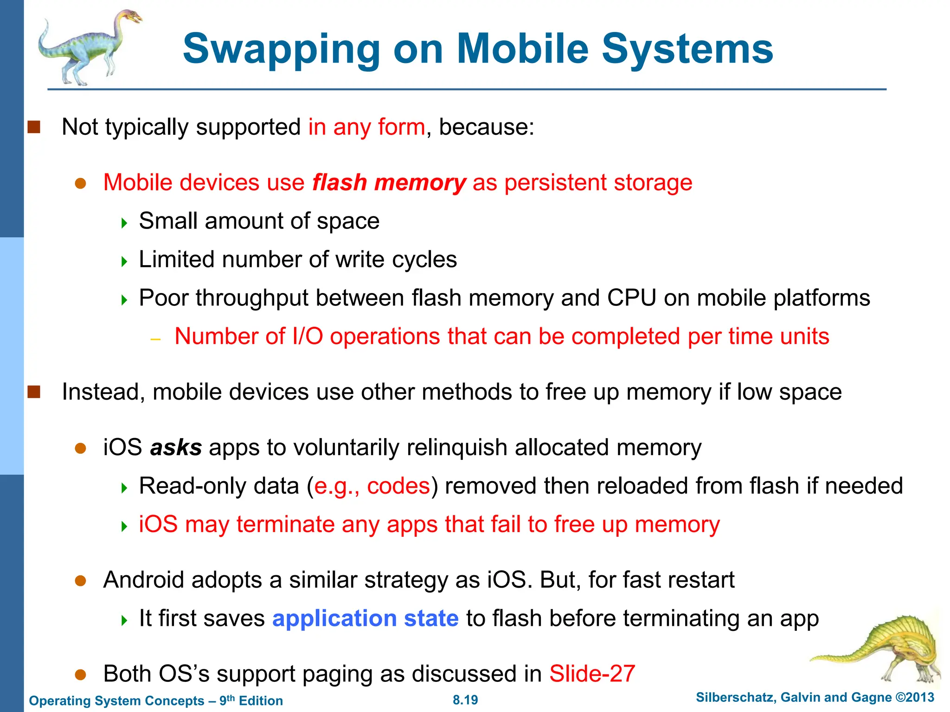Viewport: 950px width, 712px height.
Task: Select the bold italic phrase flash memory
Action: point(389,183)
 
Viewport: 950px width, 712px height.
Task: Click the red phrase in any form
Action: point(366,127)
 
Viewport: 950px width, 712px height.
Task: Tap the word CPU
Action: point(631,298)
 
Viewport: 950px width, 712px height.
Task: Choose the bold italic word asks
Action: point(176,448)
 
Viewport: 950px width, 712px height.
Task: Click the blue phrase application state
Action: point(365,618)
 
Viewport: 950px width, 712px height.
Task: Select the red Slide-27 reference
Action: point(592,674)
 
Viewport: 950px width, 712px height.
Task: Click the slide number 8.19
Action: point(465,700)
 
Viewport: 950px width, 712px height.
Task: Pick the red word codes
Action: point(398,486)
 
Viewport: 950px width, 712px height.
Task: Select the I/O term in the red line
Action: point(308,337)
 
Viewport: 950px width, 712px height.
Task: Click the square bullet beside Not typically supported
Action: point(34,127)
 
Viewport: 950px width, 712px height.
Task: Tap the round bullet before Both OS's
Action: point(81,674)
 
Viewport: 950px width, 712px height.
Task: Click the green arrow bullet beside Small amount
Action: point(124,223)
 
